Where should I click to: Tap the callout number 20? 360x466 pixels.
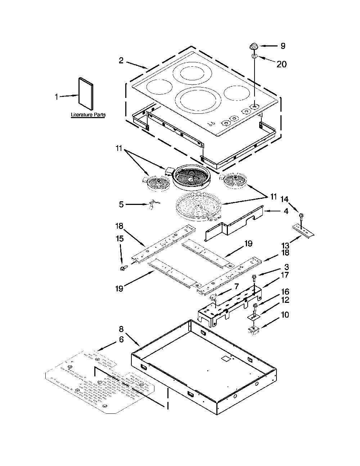click(x=282, y=64)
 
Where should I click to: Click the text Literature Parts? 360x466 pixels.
click(x=88, y=115)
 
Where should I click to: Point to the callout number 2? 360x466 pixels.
click(x=121, y=61)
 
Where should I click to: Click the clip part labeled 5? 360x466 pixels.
click(x=153, y=204)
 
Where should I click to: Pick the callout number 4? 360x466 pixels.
click(x=286, y=211)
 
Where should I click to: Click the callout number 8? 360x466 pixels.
click(x=121, y=329)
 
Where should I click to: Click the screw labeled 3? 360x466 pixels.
click(x=255, y=278)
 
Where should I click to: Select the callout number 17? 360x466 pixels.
click(x=285, y=275)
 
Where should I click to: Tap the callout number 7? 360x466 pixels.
click(x=237, y=287)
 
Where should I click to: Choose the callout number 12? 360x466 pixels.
click(x=285, y=300)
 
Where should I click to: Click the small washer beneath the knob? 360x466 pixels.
click(x=254, y=57)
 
